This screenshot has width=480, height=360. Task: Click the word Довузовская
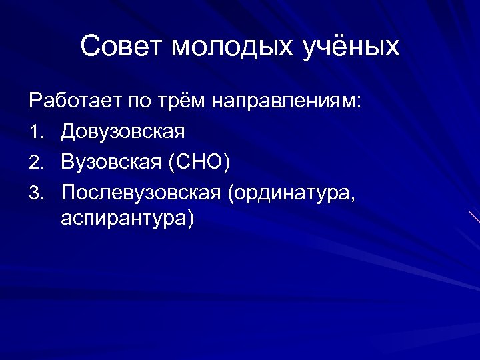click(123, 131)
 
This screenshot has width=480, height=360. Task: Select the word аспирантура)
click(127, 219)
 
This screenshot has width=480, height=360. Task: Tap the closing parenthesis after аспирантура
click(191, 219)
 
